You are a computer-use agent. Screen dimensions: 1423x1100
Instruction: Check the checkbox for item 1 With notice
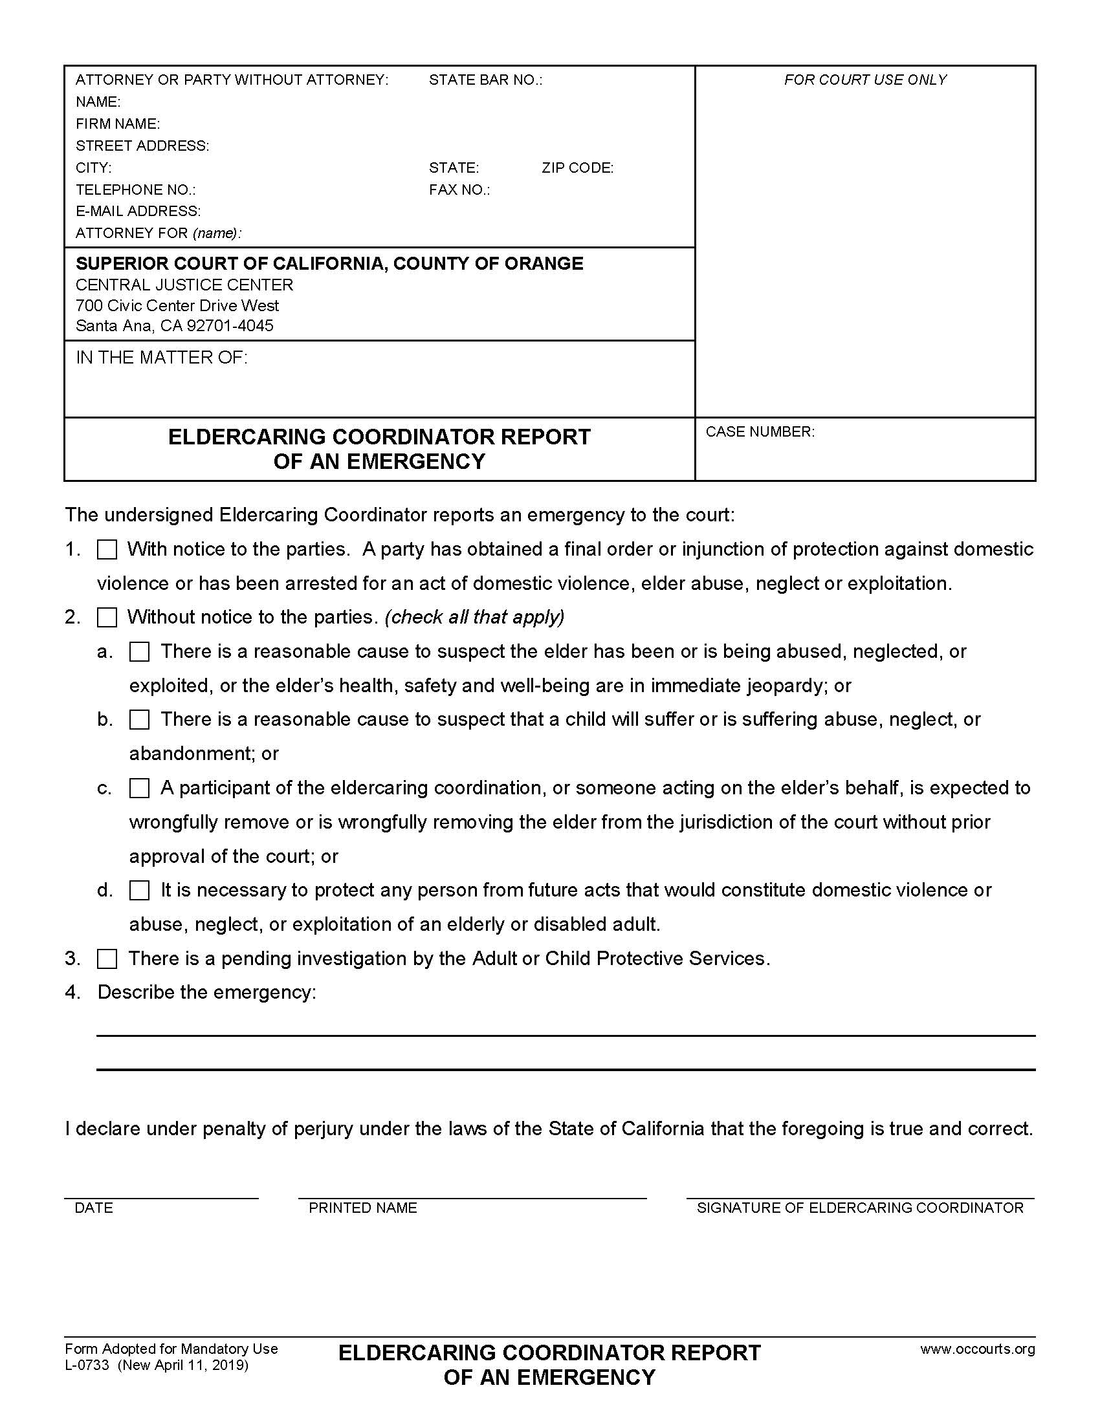(107, 550)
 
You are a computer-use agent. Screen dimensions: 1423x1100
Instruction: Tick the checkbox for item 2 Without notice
(107, 618)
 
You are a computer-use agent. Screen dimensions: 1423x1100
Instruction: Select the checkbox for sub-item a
(140, 651)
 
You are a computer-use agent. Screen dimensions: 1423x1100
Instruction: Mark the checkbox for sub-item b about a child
(140, 720)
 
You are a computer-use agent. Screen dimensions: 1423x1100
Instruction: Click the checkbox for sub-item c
(140, 788)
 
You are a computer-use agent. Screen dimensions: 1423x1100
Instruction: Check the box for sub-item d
(140, 891)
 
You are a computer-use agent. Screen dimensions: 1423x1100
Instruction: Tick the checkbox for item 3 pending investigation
(107, 959)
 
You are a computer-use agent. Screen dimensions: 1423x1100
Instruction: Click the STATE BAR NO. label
(485, 80)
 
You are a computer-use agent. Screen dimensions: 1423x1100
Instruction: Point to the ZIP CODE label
(577, 168)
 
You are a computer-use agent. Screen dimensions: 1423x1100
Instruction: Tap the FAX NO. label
(459, 190)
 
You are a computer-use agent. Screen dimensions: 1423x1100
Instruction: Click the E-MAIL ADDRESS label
(138, 211)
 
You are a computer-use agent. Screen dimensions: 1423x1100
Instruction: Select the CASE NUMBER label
(760, 432)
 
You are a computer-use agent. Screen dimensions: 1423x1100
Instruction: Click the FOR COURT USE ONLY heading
(864, 80)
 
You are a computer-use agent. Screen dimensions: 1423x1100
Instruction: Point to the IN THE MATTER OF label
(162, 358)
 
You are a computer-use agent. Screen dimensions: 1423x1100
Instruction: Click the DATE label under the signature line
(94, 1208)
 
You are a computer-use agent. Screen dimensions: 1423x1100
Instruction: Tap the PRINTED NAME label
(362, 1208)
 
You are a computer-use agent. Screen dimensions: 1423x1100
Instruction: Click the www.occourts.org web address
(977, 1349)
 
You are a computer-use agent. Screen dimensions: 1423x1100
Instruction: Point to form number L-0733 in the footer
(87, 1365)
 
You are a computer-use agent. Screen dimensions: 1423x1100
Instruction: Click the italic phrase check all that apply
(474, 617)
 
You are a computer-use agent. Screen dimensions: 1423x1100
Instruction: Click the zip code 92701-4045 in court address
(230, 326)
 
